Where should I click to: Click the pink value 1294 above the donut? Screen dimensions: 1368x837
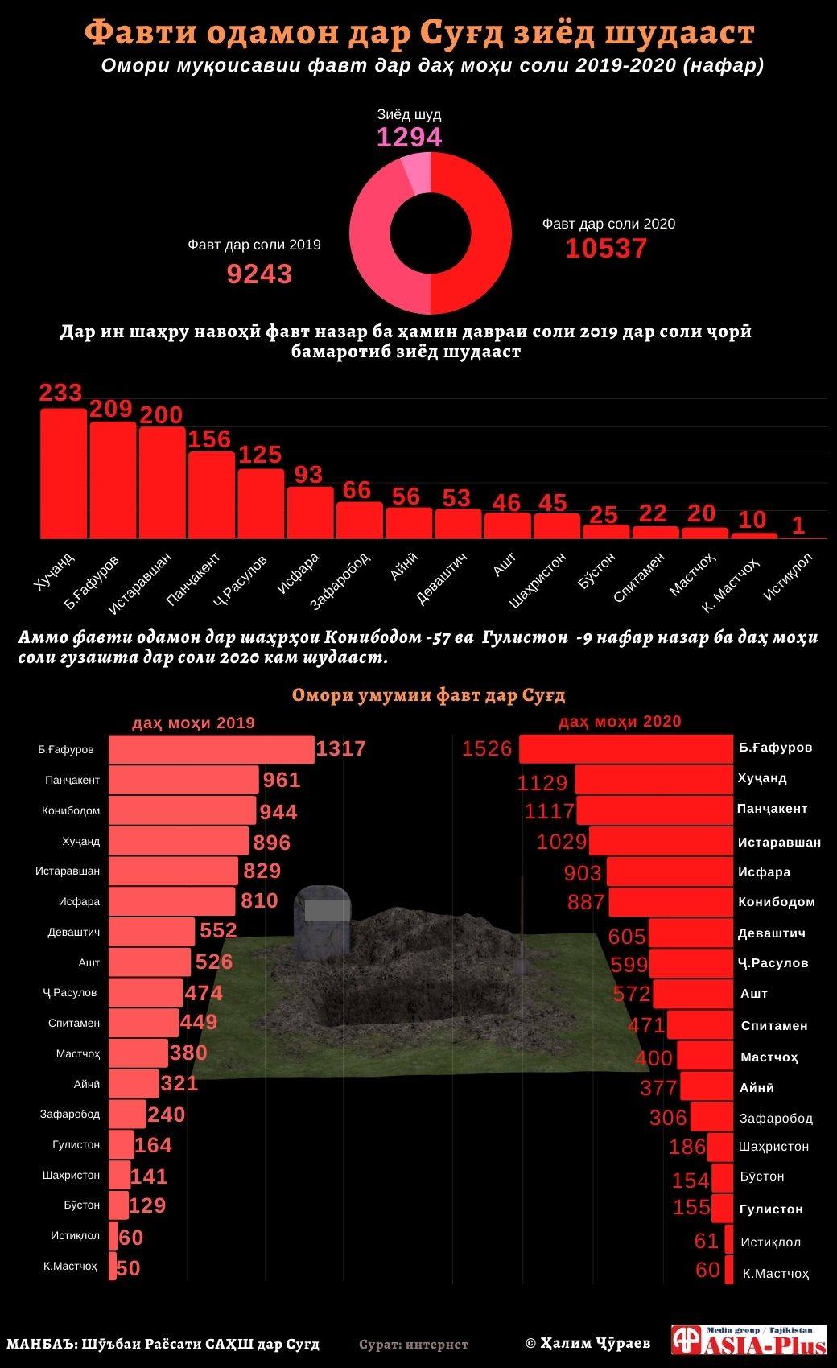410,138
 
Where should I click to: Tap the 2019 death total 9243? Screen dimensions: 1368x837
259,274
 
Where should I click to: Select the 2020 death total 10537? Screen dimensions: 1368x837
606,249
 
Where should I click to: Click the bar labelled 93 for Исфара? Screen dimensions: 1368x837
310,512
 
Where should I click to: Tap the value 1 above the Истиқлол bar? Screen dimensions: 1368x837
798,525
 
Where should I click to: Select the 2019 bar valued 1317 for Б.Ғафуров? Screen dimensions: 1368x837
211,749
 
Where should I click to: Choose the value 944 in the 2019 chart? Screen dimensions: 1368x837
278,812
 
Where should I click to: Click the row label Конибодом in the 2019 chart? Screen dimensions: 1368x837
71,811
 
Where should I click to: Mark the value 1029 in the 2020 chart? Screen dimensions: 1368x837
563,842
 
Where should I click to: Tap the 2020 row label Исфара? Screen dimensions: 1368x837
765,872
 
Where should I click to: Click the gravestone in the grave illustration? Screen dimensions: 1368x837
323,921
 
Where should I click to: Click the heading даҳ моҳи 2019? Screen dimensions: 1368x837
193,723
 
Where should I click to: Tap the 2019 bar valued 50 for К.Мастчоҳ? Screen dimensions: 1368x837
113,1267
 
